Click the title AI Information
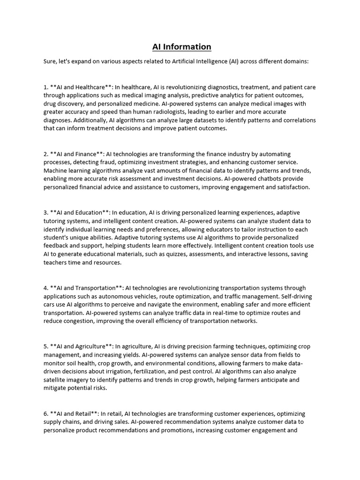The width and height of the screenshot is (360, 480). point(181,46)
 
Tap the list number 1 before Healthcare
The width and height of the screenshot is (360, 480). point(45,87)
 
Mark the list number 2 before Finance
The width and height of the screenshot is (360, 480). point(45,154)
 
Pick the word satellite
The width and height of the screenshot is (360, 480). point(57,380)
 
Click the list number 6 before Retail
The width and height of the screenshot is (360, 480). point(45,413)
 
